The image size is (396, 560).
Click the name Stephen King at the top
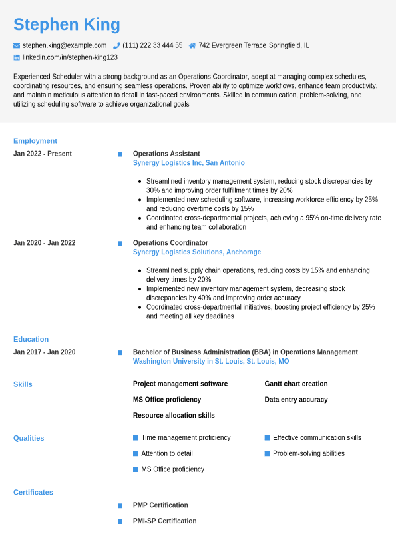67,25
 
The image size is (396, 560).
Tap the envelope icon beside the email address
17,45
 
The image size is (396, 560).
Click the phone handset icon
116,45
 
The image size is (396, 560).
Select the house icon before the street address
192,45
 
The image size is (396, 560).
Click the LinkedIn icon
17,57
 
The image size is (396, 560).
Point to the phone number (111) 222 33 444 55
152,45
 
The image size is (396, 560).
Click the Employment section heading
35,141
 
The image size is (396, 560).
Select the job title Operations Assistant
166,154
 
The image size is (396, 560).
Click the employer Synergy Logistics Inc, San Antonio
188,163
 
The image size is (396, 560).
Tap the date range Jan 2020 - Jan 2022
44,243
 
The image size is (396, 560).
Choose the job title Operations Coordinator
170,243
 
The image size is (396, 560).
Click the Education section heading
31,339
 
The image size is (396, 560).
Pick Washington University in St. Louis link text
210,362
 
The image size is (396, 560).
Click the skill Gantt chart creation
296,384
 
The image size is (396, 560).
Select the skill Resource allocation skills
174,416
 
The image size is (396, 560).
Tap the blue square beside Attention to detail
136,453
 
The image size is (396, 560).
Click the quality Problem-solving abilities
309,453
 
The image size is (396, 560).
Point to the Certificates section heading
33,493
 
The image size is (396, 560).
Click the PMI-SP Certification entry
164,521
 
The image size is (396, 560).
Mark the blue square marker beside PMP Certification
120,505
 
